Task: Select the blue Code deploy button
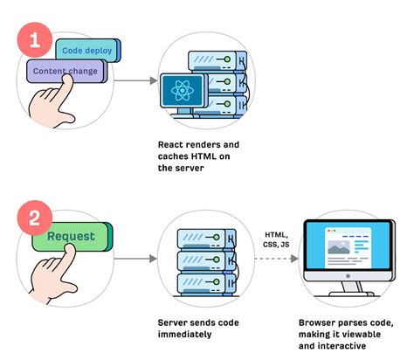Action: pyautogui.click(x=85, y=51)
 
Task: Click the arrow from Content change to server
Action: pyautogui.click(x=131, y=81)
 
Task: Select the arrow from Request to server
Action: pyautogui.click(x=131, y=258)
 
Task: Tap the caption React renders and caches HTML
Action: pyautogui.click(x=199, y=156)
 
